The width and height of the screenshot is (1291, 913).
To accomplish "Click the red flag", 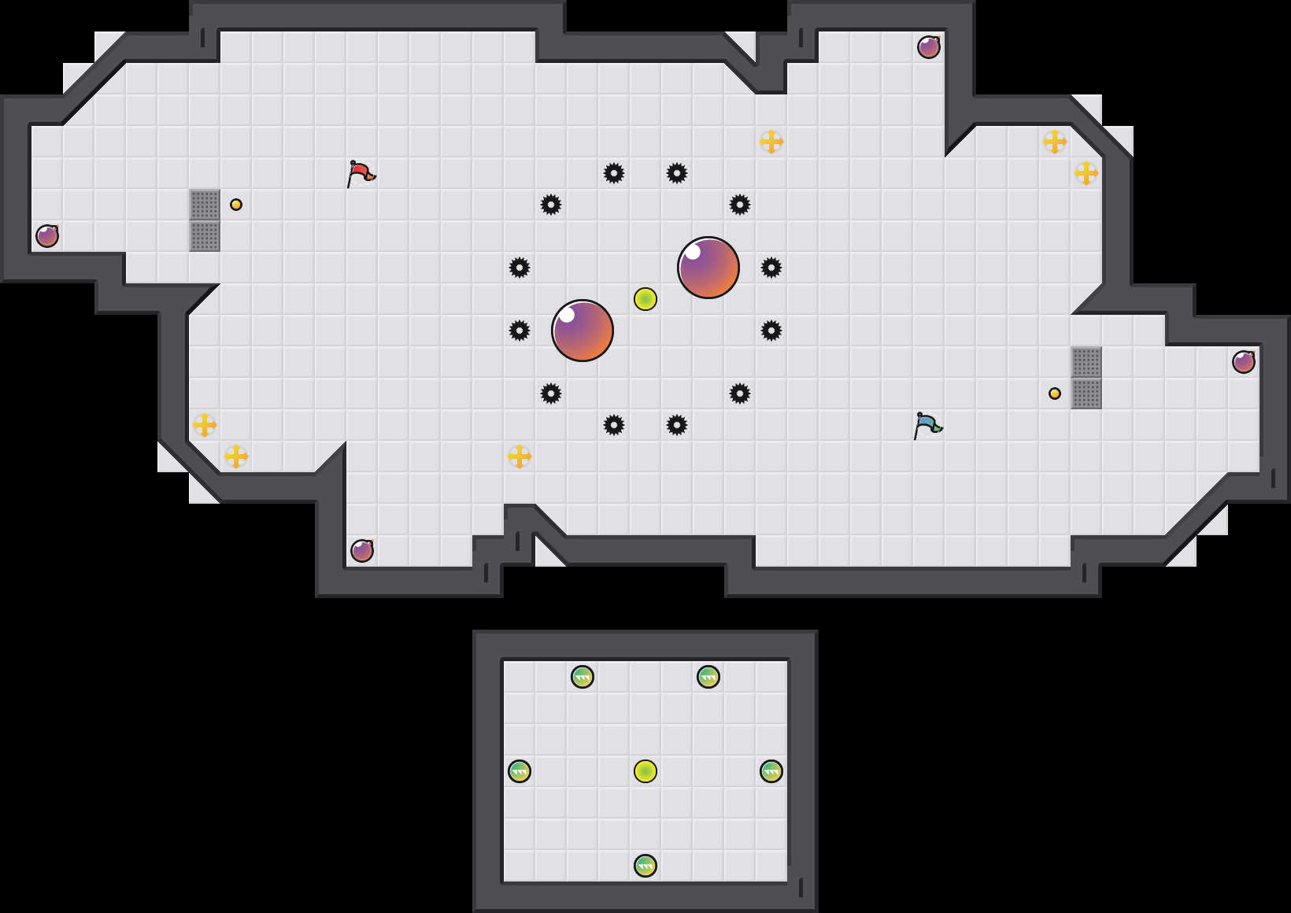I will pos(361,172).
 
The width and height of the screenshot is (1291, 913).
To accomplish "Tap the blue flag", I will pos(927,424).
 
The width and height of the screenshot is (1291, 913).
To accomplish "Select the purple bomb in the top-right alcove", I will pos(929,47).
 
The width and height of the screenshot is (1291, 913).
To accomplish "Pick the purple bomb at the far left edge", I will pos(47,236).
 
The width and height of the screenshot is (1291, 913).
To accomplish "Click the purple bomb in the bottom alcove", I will pos(362,551).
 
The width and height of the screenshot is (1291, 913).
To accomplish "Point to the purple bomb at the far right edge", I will pos(1244,362).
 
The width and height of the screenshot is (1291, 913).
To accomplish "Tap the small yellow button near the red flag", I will pos(236,205).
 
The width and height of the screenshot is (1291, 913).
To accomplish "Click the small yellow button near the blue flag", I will pos(1055,394).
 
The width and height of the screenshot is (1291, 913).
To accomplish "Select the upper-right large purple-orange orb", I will pos(708,268).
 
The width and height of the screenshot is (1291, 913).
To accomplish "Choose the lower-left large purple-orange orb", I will pos(583,331).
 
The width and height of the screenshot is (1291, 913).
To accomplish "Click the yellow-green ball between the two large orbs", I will pos(645,299).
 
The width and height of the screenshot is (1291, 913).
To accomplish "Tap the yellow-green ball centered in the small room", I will pos(645,771).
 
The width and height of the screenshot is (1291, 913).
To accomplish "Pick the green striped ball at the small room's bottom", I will pos(645,866).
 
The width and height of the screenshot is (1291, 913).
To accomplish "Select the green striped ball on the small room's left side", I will pos(520,771).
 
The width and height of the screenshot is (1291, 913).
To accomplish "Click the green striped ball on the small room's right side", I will pos(771,771).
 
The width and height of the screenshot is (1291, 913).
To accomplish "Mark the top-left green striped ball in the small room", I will pos(583,677).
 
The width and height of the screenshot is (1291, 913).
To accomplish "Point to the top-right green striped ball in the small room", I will pos(708,677).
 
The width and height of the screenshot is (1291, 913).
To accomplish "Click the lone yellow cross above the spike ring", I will pos(771,142).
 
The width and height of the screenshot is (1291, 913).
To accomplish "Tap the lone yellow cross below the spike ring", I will pos(520,456).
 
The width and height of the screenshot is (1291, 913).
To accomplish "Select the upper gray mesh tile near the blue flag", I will pos(1086,362).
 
